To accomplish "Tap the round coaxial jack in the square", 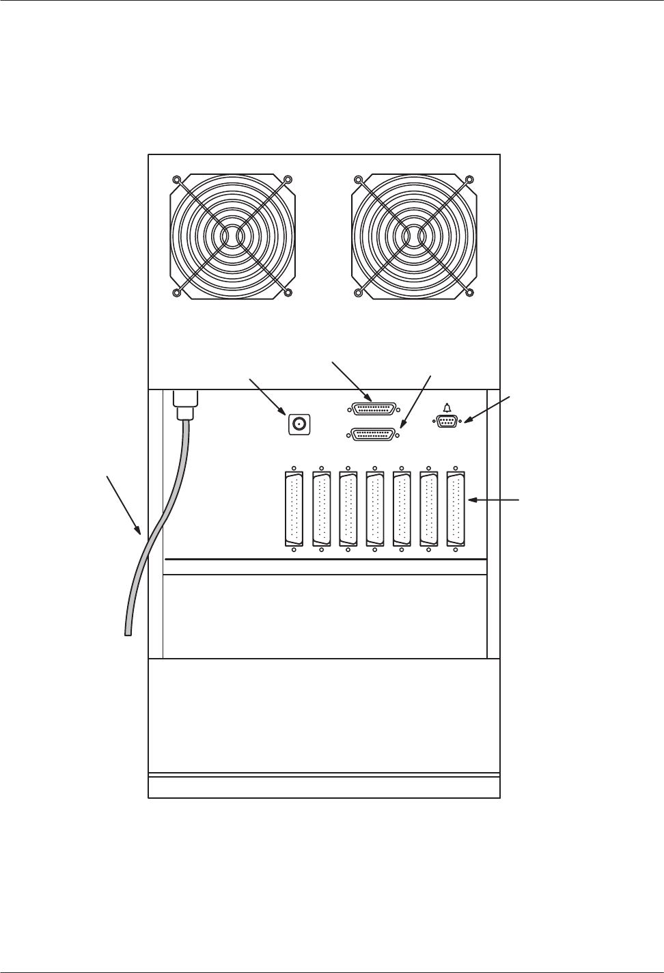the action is (x=299, y=424).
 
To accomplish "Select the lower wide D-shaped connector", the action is (x=373, y=434).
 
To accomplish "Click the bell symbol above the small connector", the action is (x=447, y=408).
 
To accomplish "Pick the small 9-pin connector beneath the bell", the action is (x=447, y=422).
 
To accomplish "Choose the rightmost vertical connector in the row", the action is (x=455, y=509).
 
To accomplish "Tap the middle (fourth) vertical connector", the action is (x=374, y=509).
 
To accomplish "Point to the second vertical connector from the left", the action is (x=320, y=509).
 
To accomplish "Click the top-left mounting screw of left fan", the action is (x=177, y=180).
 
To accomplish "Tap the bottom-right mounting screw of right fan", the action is (x=469, y=293).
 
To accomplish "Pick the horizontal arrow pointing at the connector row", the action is (x=495, y=500).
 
